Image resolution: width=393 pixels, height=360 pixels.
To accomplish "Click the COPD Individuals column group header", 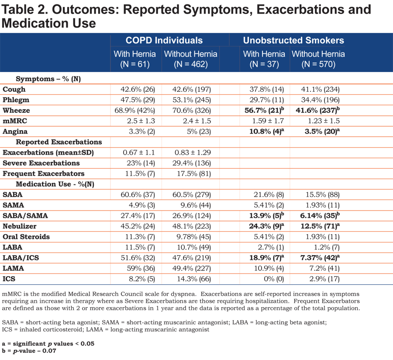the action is [164, 40].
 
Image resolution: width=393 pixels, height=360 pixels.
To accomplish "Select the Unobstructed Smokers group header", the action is [293, 40].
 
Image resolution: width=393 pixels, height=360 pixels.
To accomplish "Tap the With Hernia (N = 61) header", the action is [135, 59].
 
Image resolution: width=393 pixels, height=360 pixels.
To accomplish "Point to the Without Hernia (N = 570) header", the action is [318, 59].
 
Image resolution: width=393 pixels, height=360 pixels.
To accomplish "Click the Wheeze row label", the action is [16, 110].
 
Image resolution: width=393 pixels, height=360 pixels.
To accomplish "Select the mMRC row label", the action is [15, 121].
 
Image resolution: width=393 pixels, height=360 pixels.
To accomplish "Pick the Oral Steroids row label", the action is [26, 237].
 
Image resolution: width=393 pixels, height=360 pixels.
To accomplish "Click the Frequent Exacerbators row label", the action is [43, 173].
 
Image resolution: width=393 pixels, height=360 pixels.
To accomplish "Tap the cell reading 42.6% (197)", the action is [192, 89].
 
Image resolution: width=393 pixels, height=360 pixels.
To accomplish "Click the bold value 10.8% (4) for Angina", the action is [267, 132].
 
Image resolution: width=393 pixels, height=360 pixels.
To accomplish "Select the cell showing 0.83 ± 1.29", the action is [193, 152].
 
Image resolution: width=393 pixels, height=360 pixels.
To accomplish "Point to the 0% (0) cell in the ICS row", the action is [274, 279].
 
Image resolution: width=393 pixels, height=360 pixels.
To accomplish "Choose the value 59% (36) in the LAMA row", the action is [141, 268].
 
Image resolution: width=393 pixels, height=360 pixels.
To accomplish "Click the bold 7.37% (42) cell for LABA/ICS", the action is [320, 258].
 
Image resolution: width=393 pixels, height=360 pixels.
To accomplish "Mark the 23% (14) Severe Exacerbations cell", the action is [141, 163].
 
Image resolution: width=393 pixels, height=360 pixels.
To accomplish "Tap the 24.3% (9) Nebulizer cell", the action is [267, 226].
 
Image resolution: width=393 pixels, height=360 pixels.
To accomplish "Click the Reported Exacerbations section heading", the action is [59, 142].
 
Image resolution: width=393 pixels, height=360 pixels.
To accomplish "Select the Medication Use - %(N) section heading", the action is [55, 184].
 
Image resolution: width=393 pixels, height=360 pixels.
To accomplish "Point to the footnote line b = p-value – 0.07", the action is [29, 350].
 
